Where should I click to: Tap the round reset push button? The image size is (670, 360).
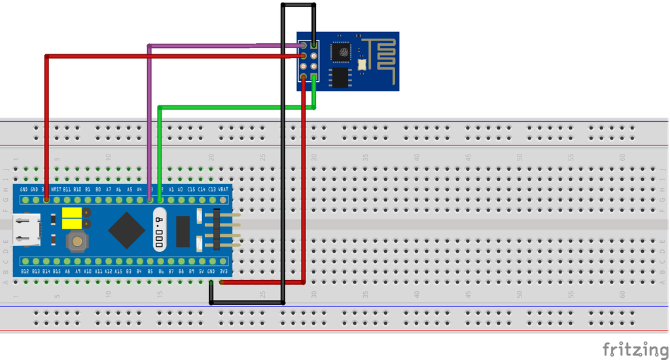(x=78, y=242)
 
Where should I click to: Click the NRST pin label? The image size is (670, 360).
(x=56, y=189)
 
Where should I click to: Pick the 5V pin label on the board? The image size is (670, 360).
(x=202, y=270)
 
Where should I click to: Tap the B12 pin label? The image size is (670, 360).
(x=25, y=270)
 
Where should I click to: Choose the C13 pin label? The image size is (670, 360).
(x=211, y=189)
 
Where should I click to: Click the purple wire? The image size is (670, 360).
(x=150, y=118)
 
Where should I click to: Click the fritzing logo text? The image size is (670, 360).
(x=635, y=349)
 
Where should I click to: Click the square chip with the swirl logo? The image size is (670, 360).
(x=340, y=51)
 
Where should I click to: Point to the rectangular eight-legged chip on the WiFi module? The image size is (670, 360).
(x=340, y=77)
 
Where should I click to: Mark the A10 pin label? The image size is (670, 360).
(x=88, y=270)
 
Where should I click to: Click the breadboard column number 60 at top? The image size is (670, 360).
(x=622, y=157)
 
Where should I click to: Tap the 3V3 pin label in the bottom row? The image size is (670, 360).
(x=224, y=270)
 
